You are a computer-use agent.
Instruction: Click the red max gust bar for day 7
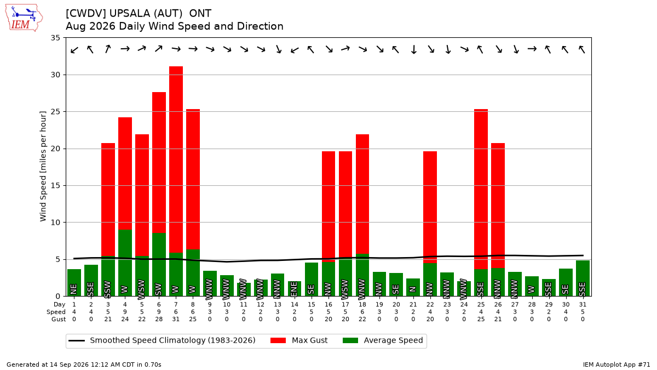point(176,160)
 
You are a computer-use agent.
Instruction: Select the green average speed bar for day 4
point(125,263)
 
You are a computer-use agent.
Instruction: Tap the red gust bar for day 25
point(481,189)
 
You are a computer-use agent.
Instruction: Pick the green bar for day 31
point(583,278)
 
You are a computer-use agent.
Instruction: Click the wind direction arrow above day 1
point(74,50)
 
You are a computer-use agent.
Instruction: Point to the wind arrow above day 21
point(413,49)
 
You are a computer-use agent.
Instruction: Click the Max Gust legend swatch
point(278,340)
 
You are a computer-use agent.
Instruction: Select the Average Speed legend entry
point(383,340)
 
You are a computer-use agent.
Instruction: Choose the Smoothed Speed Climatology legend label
point(172,340)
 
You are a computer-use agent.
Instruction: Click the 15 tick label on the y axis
point(55,186)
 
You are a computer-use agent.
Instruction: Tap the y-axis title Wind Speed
point(43,166)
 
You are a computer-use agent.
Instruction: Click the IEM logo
point(24,18)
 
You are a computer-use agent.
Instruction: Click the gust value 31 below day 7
point(176,319)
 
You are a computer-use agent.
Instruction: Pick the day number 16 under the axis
point(328,305)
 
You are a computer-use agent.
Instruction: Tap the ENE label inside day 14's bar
point(294,288)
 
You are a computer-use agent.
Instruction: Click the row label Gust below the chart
point(59,319)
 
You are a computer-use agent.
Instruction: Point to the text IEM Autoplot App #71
point(616,365)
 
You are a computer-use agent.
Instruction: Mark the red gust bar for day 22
point(430,207)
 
